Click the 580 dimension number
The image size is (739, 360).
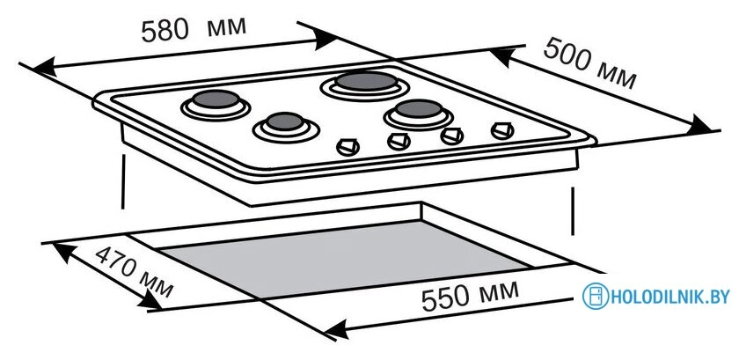(x=165, y=31)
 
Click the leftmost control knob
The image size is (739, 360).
(x=348, y=147)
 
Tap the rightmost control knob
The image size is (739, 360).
(x=502, y=130)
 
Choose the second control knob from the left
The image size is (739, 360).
(x=399, y=141)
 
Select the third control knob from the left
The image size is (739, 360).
(x=452, y=136)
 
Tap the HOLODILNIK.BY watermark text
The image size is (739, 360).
(x=669, y=297)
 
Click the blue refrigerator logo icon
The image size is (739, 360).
(x=596, y=297)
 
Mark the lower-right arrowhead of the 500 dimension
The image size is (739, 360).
(x=699, y=126)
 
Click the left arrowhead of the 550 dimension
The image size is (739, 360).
(x=336, y=329)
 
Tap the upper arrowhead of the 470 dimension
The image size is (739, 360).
(x=64, y=252)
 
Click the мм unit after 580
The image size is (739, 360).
(x=227, y=27)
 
